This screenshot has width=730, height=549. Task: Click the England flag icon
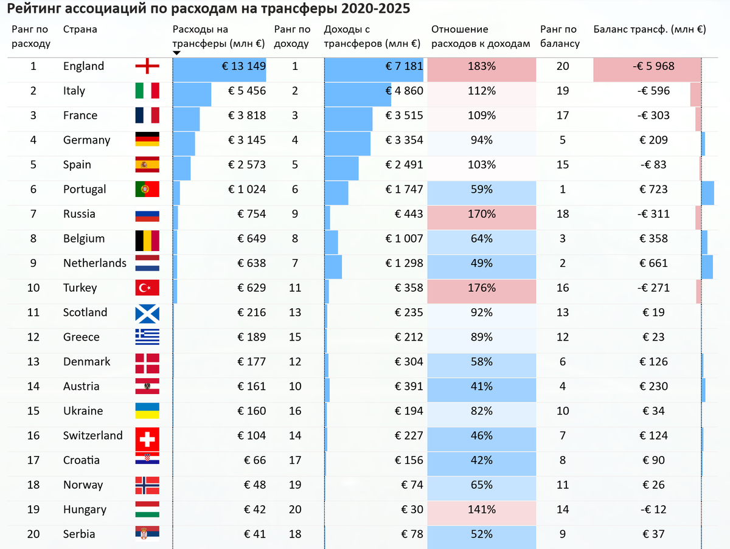click(147, 66)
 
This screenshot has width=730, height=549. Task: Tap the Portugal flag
click(147, 190)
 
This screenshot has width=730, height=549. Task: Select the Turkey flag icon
click(147, 288)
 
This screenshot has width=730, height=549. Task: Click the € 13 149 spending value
click(243, 66)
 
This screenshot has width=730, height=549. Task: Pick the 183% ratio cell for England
click(481, 66)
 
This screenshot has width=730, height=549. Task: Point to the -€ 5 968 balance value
click(647, 66)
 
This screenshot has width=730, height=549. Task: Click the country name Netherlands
click(95, 263)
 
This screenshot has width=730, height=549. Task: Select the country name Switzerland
click(93, 436)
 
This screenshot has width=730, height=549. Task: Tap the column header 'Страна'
click(80, 29)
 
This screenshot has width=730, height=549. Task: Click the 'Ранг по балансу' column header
click(560, 36)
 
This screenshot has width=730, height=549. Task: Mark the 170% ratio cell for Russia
click(481, 214)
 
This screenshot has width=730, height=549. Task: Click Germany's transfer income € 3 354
click(404, 140)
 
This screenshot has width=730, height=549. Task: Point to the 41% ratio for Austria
click(481, 387)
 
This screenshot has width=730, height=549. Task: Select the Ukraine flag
click(147, 411)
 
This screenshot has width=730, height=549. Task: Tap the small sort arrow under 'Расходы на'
click(176, 53)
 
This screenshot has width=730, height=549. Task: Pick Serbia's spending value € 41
click(255, 534)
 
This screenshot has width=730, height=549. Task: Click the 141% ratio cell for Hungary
click(481, 509)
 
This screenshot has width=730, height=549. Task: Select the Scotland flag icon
click(147, 313)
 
